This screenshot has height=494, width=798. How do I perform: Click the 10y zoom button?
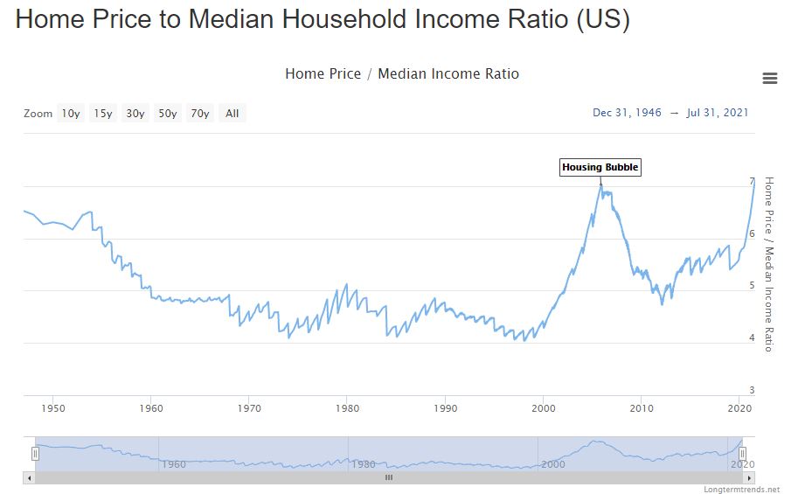71,114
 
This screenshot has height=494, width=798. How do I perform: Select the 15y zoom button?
103,114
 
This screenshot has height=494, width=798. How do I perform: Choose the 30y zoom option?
135,114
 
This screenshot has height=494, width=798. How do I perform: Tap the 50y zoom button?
167,114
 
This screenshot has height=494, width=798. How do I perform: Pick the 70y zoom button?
199,114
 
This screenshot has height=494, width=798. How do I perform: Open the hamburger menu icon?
770,79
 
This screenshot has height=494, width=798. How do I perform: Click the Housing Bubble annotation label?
600,167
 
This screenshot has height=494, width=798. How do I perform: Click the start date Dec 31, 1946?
627,113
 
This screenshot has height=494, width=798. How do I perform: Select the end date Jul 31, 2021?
718,113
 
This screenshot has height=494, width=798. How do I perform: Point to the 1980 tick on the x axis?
347,408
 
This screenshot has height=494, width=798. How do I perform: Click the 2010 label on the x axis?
642,408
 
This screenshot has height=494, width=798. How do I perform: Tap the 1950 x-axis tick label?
52,408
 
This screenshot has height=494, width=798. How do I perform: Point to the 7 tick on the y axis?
752,182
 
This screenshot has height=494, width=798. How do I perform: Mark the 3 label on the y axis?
752,391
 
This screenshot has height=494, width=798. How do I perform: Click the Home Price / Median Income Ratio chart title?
401,74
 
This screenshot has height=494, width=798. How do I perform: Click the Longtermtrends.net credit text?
741,489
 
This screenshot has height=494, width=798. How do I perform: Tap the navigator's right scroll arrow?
747,477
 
